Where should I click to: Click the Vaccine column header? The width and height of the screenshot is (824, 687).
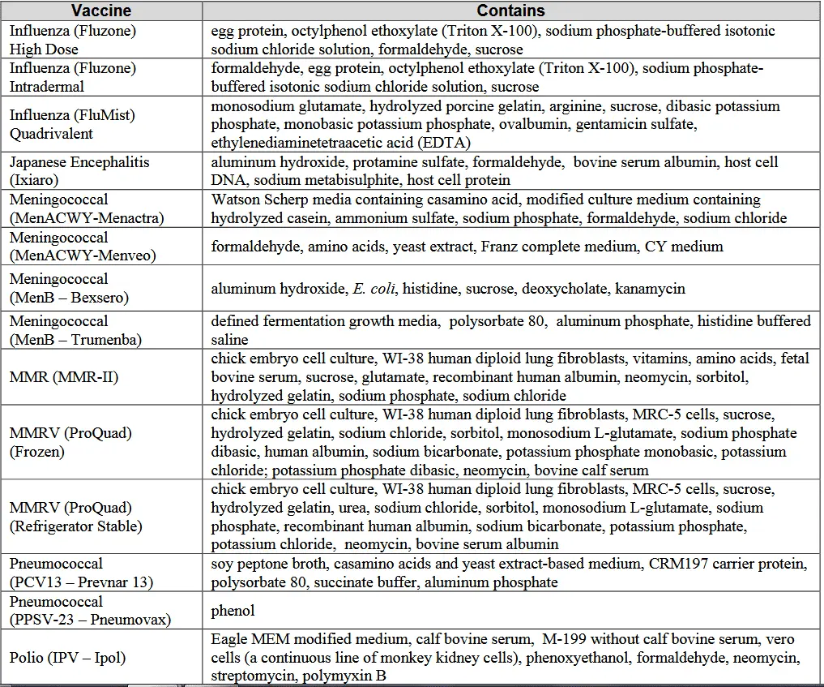point(101,11)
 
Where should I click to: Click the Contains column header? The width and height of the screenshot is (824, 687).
point(510,11)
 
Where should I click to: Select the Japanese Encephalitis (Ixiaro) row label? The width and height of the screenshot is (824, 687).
point(79,171)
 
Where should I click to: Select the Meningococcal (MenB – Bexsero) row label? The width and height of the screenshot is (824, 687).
point(69,288)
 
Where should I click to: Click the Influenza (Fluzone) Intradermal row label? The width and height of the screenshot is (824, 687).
point(72,77)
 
